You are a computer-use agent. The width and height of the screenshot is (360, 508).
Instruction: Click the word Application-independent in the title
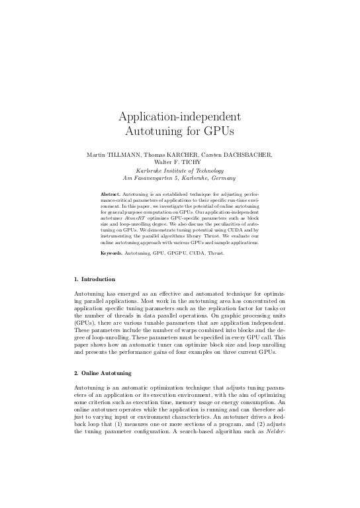pyautogui.click(x=180, y=118)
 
